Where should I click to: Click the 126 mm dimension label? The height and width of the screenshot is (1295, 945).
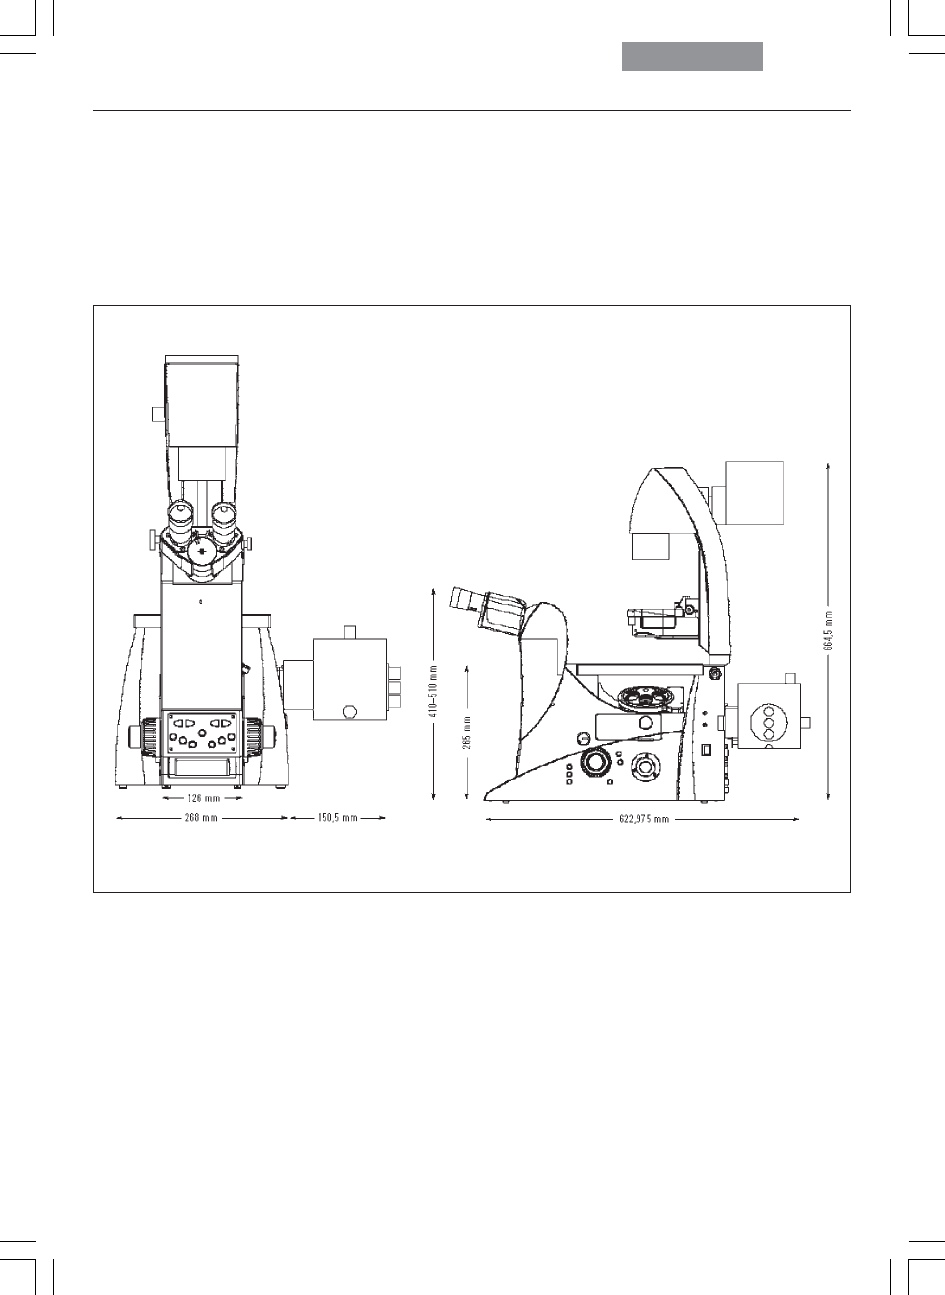tap(203, 798)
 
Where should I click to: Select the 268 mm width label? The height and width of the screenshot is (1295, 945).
tap(201, 818)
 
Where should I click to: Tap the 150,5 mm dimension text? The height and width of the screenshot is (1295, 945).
tap(337, 818)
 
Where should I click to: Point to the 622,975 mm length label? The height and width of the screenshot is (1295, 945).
tap(643, 819)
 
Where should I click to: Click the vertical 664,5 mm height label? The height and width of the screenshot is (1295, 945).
tap(828, 631)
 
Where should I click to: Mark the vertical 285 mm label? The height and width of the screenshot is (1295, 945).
tap(467, 733)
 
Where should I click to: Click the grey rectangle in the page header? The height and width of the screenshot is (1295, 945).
tap(693, 56)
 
